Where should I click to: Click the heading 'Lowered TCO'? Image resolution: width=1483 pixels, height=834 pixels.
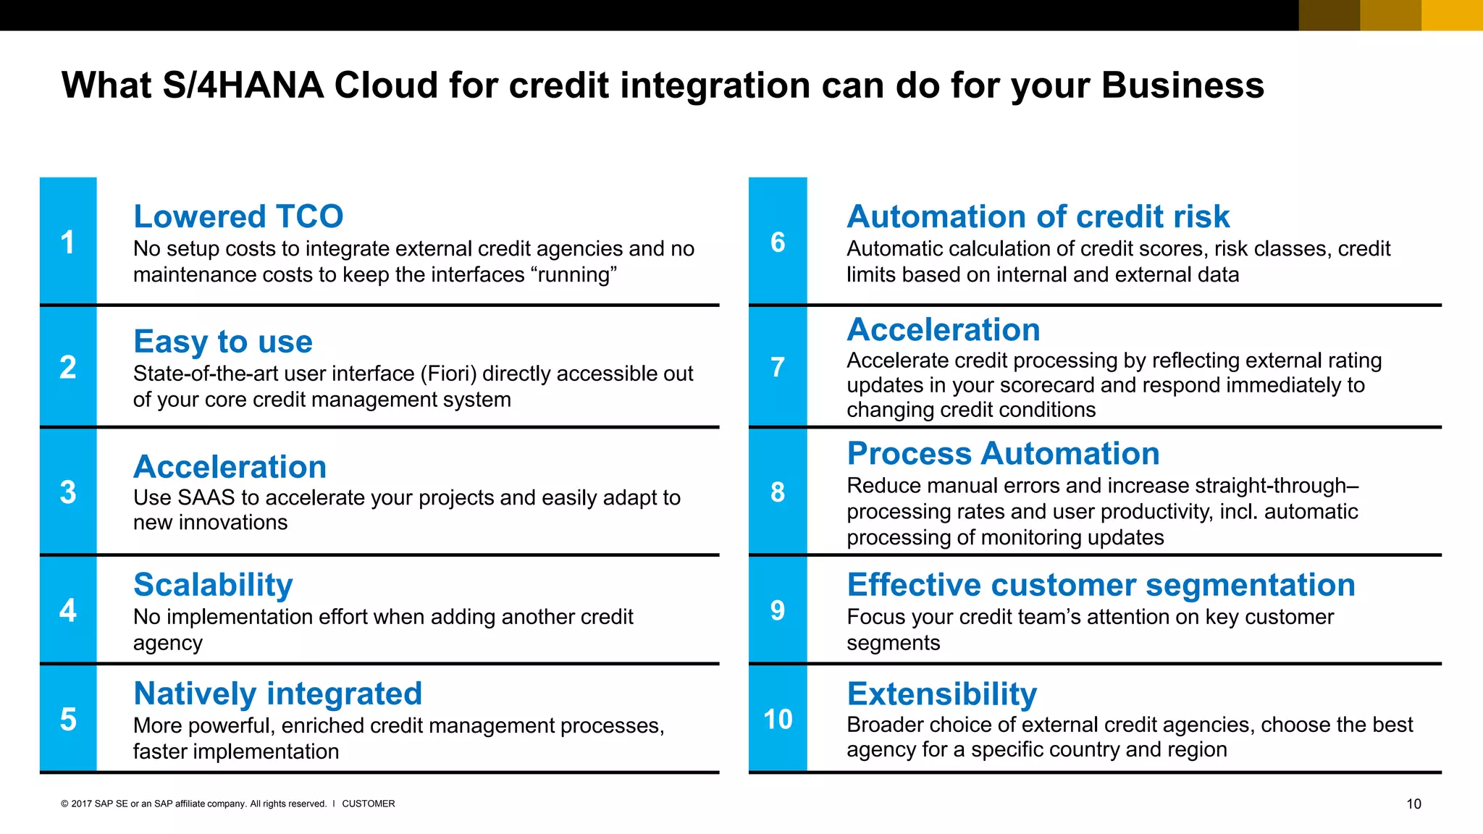238,216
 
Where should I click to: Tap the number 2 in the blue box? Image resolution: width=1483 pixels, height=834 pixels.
68,367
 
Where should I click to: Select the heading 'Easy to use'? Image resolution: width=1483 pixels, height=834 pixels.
223,341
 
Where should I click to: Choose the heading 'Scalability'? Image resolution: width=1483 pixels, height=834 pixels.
213,585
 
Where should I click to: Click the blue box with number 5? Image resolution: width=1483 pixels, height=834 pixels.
68,719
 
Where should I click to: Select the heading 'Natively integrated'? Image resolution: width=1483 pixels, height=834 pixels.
277,694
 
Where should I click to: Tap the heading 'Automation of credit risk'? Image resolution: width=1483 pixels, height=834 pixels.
1038,216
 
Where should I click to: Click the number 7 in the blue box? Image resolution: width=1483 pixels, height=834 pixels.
778,367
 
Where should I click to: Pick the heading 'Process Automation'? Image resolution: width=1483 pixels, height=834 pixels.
1003,454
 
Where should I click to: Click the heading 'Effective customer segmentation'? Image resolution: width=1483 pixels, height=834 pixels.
1101,585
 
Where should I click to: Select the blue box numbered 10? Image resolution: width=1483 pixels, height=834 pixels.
778,719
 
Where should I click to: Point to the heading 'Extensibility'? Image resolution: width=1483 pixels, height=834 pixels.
941,694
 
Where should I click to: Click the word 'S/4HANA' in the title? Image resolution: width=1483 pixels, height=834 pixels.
243,85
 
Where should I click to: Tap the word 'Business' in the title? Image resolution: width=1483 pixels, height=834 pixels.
1182,85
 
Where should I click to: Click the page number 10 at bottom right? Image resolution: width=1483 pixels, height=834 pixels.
1413,804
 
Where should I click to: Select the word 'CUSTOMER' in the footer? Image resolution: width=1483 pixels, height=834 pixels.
368,804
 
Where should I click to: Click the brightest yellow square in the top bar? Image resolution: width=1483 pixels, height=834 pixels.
1452,15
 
